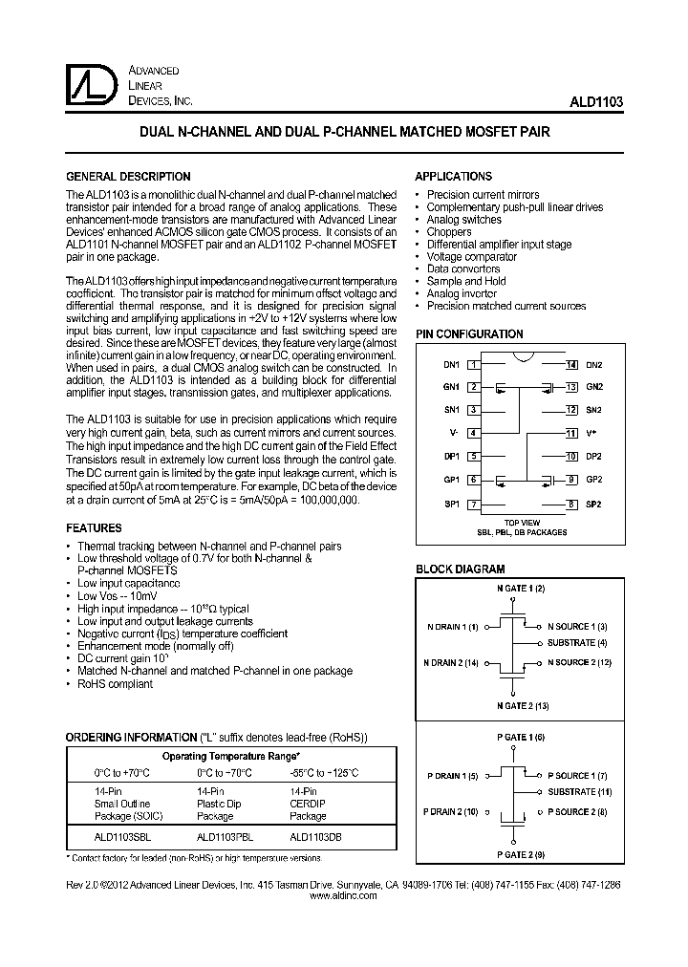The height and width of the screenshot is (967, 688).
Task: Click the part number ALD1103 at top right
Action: [599, 100]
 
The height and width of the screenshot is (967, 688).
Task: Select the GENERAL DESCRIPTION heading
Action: [127, 177]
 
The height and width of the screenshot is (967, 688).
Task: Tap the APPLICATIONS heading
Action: [453, 177]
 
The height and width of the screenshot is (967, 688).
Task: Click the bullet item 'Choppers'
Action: [449, 232]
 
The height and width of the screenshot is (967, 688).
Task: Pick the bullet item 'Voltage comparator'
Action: [471, 257]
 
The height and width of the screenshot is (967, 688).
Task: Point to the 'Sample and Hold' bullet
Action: [466, 282]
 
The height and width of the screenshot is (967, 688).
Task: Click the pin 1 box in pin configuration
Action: [473, 365]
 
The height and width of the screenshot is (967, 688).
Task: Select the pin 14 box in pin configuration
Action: [570, 365]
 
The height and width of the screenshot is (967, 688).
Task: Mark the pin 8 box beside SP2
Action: [570, 504]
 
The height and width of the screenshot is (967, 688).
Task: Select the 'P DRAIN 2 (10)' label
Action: [450, 811]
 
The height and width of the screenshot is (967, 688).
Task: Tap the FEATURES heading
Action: [94, 528]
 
